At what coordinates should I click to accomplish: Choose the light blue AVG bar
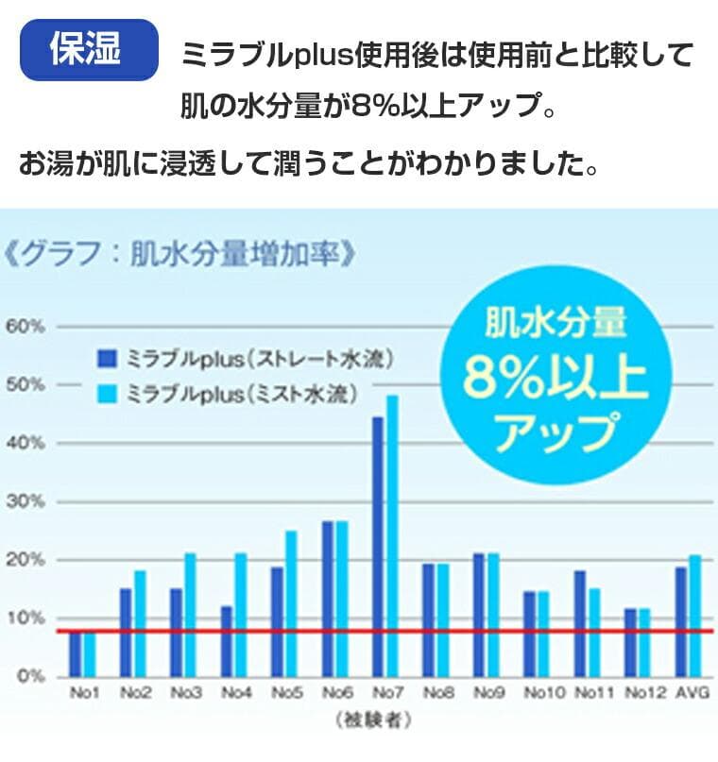point(695,615)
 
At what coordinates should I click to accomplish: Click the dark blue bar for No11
point(579,622)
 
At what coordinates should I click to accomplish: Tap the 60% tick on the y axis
point(25,327)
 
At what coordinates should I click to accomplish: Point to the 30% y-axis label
point(25,501)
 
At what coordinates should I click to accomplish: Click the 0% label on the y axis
point(29,676)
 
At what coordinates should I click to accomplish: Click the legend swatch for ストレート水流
point(107,359)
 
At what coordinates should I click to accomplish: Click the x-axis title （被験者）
point(373,720)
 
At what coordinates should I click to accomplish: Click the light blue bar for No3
point(189,614)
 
